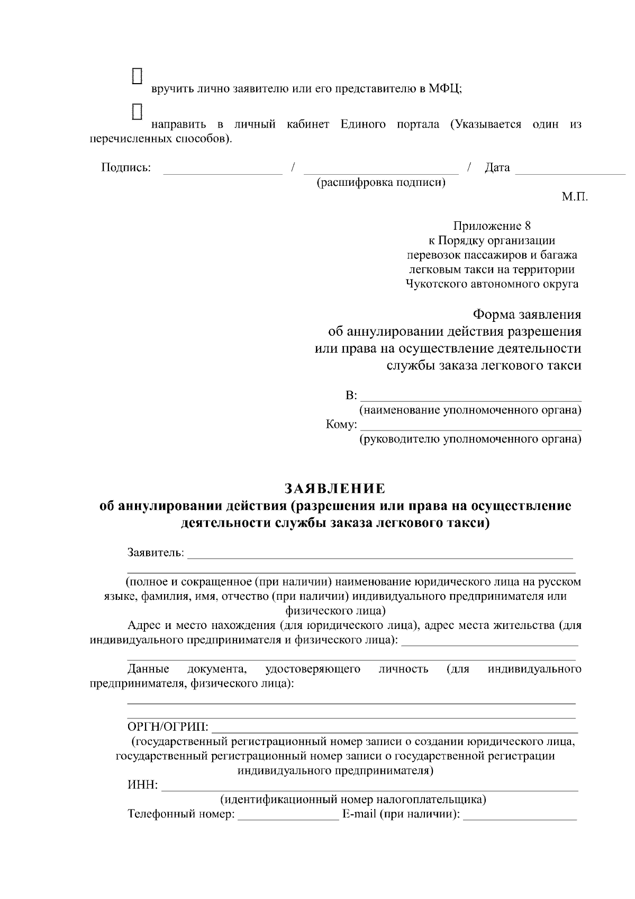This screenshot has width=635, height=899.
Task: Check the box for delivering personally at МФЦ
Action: pyautogui.click(x=137, y=75)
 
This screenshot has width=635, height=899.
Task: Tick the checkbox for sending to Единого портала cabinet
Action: pyautogui.click(x=137, y=111)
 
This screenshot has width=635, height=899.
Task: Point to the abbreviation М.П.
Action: pyautogui.click(x=575, y=197)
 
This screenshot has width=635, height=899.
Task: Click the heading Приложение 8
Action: pyautogui.click(x=492, y=226)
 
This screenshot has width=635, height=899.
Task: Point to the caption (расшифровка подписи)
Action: pyautogui.click(x=380, y=183)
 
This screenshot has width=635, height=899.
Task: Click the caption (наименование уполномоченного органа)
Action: pyautogui.click(x=470, y=410)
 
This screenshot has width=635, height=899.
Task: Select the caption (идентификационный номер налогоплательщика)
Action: pyautogui.click(x=353, y=799)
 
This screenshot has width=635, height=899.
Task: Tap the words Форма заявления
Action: pyautogui.click(x=527, y=314)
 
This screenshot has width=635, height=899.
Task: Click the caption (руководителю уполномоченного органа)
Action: pyautogui.click(x=470, y=439)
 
